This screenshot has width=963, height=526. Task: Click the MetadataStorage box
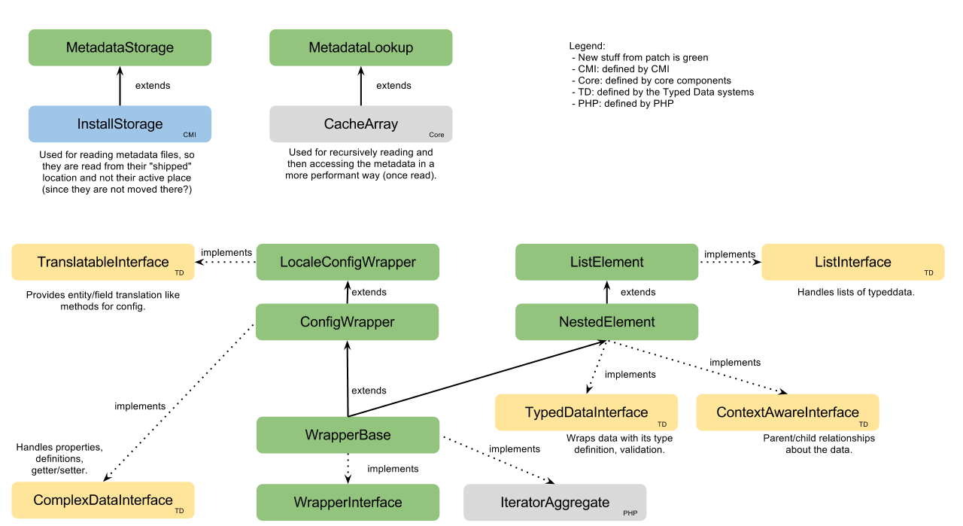(x=120, y=47)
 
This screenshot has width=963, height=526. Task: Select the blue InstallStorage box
(x=120, y=123)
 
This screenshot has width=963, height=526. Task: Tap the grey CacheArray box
(x=360, y=123)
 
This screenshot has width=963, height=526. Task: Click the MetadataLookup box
(x=360, y=47)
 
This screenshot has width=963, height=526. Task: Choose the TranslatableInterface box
(x=103, y=262)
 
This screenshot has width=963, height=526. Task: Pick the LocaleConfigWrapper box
(x=348, y=262)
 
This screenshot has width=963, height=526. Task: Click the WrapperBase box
(x=348, y=435)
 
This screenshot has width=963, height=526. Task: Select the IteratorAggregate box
(x=554, y=502)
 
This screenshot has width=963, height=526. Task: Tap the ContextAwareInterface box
(x=787, y=412)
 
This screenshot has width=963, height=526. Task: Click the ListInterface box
(x=852, y=262)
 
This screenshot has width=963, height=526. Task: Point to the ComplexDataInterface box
(x=103, y=500)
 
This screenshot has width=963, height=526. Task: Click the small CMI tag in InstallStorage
(x=190, y=135)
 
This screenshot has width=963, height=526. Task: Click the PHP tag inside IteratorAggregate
(x=630, y=513)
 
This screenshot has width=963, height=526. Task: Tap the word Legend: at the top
(x=587, y=46)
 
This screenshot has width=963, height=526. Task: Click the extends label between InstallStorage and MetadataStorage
(x=153, y=85)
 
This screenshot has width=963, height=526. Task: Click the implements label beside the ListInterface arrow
(x=729, y=254)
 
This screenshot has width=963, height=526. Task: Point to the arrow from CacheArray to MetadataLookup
(x=361, y=85)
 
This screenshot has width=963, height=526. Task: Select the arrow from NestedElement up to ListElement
(x=606, y=292)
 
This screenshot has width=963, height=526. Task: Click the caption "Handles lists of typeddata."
(x=855, y=292)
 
